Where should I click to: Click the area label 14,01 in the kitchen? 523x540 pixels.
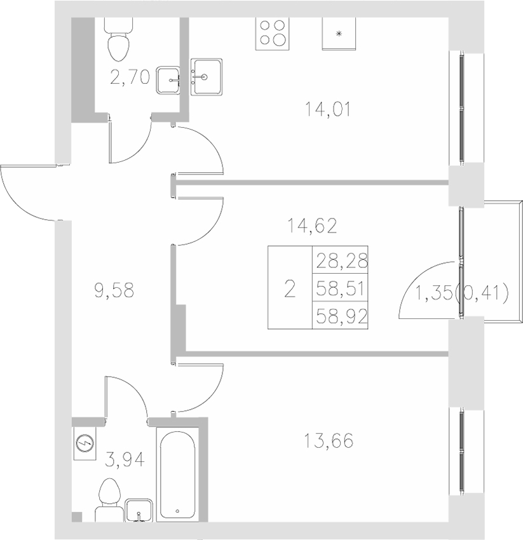pos(328,110)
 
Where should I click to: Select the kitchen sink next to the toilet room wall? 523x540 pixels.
pos(206,77)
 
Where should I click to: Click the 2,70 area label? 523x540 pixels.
pos(129,78)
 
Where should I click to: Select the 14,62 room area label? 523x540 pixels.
pos(311,224)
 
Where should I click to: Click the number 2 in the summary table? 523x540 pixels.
pos(290,290)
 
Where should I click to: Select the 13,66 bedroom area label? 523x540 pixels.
pos(328,440)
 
